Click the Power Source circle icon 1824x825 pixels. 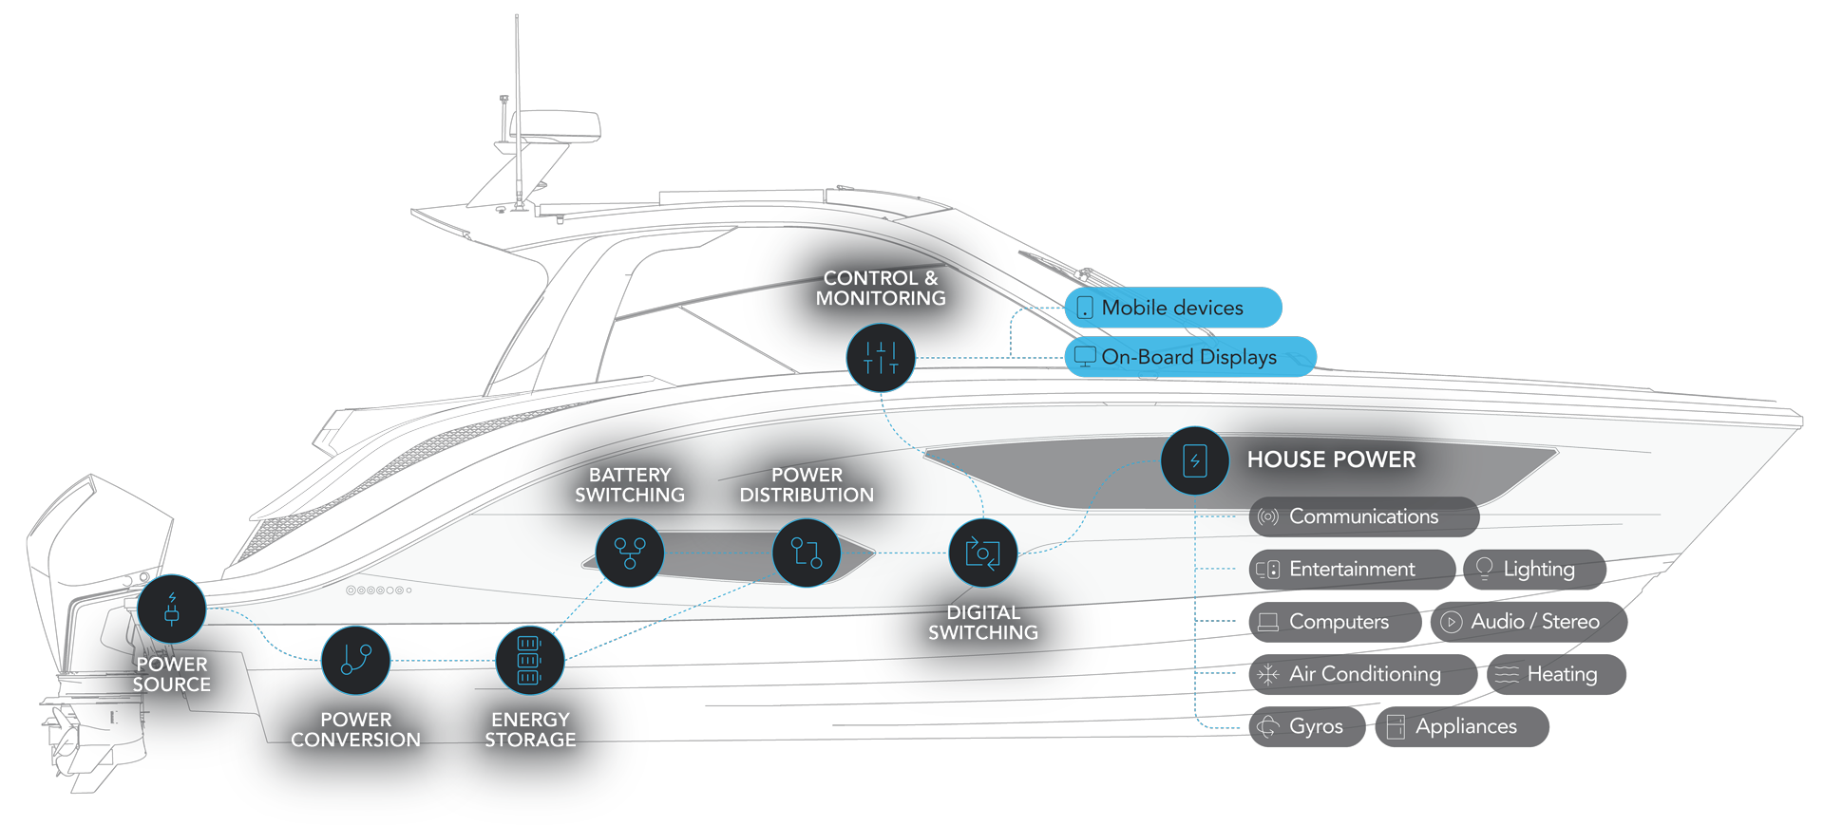[x=172, y=609]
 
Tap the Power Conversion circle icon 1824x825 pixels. [x=355, y=660]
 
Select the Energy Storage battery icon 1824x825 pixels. [x=529, y=660]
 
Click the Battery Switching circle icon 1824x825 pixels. [x=630, y=553]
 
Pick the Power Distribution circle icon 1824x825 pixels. [x=807, y=553]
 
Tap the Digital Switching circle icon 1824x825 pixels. [x=983, y=553]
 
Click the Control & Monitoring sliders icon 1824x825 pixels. [x=881, y=358]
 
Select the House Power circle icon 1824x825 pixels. [x=1195, y=460]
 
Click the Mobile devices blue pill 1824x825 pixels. [x=1172, y=308]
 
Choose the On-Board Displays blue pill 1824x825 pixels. [x=1189, y=357]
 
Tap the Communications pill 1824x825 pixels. [x=1363, y=516]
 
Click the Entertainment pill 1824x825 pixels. [x=1351, y=569]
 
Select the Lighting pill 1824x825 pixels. [x=1534, y=569]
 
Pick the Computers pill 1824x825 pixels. [x=1335, y=622]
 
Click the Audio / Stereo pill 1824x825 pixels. [x=1529, y=622]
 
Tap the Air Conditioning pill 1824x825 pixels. [x=1362, y=674]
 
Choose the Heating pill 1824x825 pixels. [x=1556, y=674]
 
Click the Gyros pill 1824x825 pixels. [x=1307, y=726]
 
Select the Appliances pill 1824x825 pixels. [x=1461, y=726]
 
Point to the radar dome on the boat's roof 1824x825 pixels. [x=555, y=125]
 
